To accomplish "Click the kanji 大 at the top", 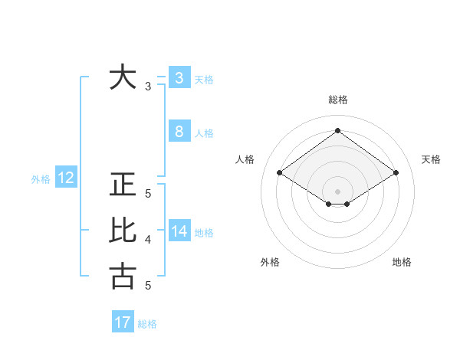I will tap(123, 77).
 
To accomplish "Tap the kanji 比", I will tap(123, 231).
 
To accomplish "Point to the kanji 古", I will tap(123, 276).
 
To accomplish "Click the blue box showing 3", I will tap(179, 77).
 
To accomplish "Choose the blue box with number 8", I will tap(179, 131).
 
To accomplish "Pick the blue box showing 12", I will tap(66, 178).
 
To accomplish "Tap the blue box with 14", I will tap(179, 231).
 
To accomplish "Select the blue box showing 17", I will tap(123, 322).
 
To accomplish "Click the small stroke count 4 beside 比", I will tap(148, 240).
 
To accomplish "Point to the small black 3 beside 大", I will tap(148, 87).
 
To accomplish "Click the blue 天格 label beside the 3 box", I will tap(204, 80).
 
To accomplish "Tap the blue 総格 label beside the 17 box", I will tap(147, 324).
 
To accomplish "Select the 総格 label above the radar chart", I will tap(337, 100).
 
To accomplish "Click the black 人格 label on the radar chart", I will tap(245, 159).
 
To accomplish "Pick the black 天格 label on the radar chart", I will tap(431, 159).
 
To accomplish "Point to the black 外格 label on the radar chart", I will tap(269, 262).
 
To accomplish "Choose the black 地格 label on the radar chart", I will tap(402, 262).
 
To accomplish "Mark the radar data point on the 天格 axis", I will tap(396, 173).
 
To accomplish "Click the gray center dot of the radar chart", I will tap(337, 191).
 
